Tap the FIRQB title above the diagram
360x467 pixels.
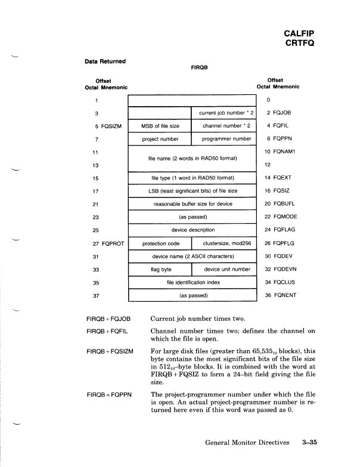pos(198,68)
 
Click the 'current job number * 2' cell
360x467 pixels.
pos(223,112)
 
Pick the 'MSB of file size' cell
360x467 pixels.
pos(160,126)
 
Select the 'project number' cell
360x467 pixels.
pos(160,139)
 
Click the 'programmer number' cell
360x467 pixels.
pos(223,139)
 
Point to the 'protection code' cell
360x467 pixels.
pos(160,243)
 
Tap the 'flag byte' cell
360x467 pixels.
pos(160,269)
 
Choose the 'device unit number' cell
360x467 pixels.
pos(223,269)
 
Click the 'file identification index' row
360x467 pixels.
pos(193,282)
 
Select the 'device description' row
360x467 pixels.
pos(193,230)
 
